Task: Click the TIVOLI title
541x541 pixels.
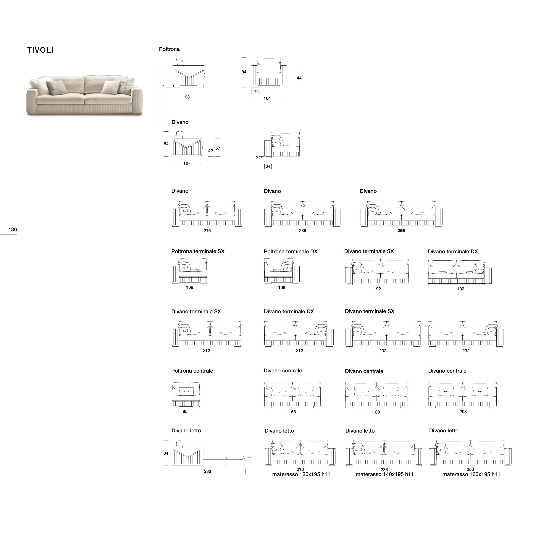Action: [x=40, y=50]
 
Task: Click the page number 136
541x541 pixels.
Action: [x=13, y=230]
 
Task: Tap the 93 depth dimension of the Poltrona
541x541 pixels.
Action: [x=187, y=97]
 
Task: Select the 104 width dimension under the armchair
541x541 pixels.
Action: [x=267, y=99]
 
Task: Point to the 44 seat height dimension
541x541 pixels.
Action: [x=299, y=78]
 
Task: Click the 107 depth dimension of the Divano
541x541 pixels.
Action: [x=187, y=163]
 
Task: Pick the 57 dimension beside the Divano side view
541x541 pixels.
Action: [x=218, y=148]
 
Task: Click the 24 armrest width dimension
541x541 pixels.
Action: [x=268, y=167]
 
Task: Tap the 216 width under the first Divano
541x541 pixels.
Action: [x=207, y=231]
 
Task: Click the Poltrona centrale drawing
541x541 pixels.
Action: [x=186, y=394]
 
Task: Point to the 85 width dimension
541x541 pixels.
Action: [x=185, y=411]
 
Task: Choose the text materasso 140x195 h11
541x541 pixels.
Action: [x=385, y=474]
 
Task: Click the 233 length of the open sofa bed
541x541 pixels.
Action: [x=207, y=471]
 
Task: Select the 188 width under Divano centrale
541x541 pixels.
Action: [x=376, y=412]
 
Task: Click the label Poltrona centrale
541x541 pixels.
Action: [x=192, y=371]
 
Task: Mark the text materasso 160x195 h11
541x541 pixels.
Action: [x=471, y=474]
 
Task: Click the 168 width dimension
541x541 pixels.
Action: [x=292, y=412]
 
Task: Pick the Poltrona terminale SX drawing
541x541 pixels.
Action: [x=189, y=271]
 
